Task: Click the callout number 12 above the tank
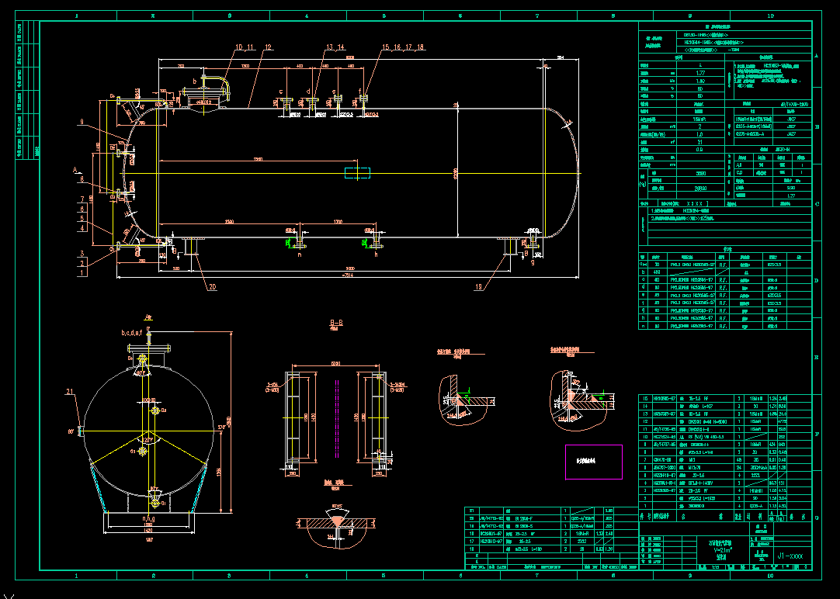[x=268, y=47]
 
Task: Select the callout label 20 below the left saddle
[x=211, y=286]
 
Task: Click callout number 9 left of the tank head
[x=80, y=122]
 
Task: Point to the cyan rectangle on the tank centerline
[x=358, y=172]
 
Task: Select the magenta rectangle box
[x=593, y=462]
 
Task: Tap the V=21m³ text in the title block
[x=722, y=549]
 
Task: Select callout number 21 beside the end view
[x=71, y=391]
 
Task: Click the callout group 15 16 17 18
[x=403, y=47]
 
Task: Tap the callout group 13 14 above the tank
[x=335, y=47]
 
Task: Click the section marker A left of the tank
[x=75, y=169]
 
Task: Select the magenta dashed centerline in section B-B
[x=335, y=419]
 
